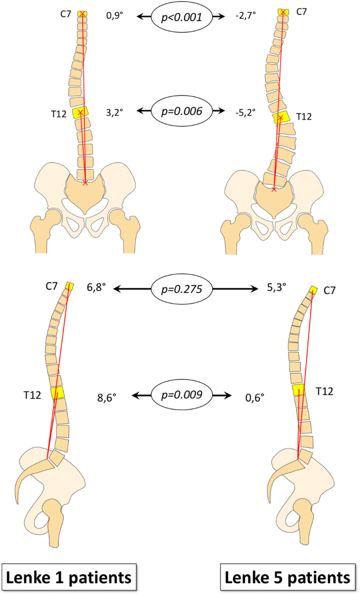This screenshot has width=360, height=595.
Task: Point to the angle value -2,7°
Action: click(x=246, y=17)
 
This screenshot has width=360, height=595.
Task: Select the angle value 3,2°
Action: click(x=115, y=112)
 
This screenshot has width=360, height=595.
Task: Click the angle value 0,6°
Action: click(x=254, y=396)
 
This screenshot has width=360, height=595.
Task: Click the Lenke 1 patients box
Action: click(x=69, y=578)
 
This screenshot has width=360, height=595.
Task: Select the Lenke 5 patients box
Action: click(x=287, y=578)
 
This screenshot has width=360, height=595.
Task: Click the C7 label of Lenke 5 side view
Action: click(x=330, y=290)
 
